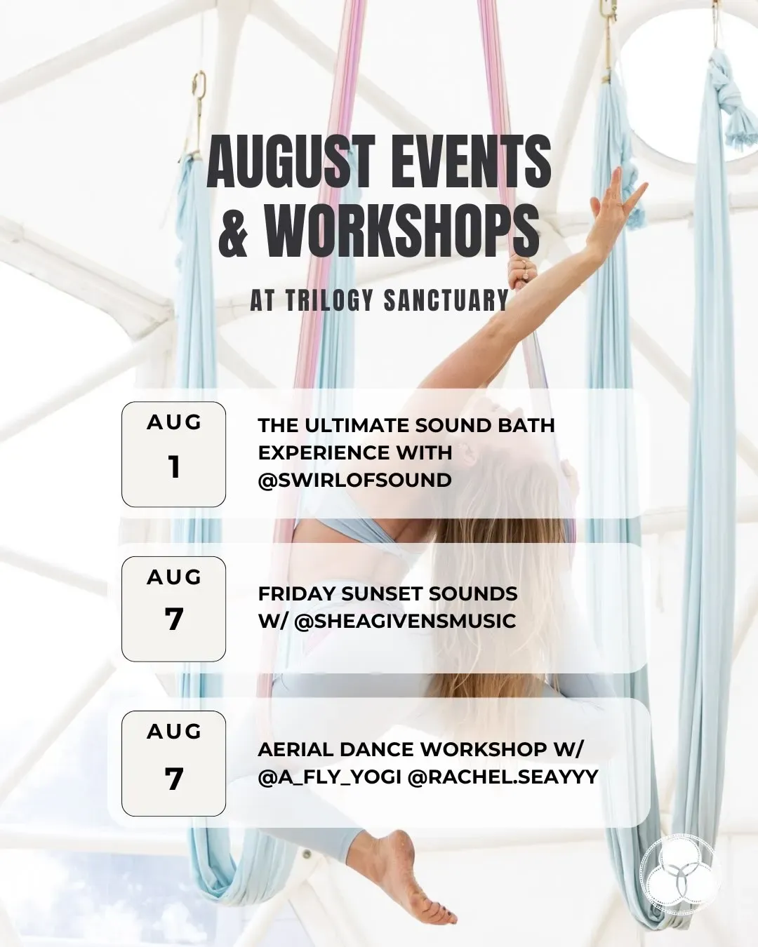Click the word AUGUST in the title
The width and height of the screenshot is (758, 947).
pyautogui.click(x=291, y=161)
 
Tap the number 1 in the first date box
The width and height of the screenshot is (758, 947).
pyautogui.click(x=175, y=467)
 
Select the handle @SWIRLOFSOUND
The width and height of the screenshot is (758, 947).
pyautogui.click(x=354, y=480)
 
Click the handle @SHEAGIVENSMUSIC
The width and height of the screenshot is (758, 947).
pyautogui.click(x=405, y=622)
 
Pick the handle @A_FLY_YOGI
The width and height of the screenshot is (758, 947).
pyautogui.click(x=329, y=777)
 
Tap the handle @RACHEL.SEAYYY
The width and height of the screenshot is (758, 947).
pyautogui.click(x=503, y=777)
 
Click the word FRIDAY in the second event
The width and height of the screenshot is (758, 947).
pyautogui.click(x=296, y=594)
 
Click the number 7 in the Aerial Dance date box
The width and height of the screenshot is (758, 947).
pyautogui.click(x=174, y=779)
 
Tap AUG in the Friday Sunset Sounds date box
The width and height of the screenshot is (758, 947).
pyautogui.click(x=174, y=577)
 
